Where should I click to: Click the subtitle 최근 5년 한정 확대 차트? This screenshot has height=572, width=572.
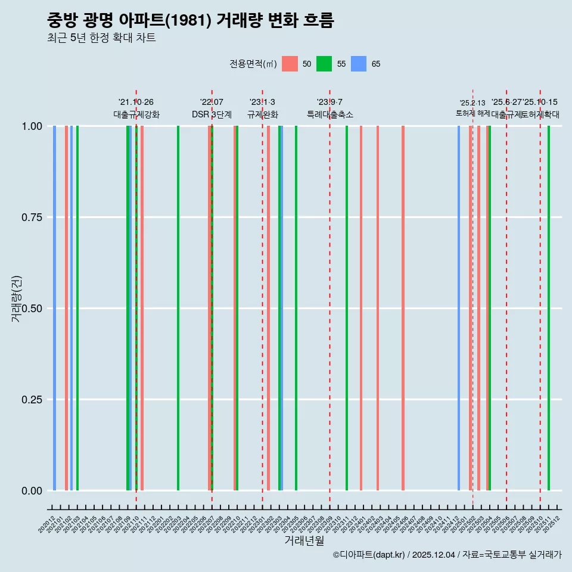coord(101,38)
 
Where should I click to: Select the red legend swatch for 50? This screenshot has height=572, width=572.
coord(290,64)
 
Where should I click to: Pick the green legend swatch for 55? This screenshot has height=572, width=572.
coord(324,64)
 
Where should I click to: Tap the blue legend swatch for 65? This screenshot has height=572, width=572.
coord(359,64)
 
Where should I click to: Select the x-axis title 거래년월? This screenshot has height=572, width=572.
coord(304,541)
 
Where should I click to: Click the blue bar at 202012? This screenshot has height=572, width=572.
coord(54,308)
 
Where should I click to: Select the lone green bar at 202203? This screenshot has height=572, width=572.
coord(178,308)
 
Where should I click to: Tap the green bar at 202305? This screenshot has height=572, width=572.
coord(296,308)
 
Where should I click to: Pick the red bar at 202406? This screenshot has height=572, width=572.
coord(403,308)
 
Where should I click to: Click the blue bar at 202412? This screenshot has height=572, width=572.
coord(459,308)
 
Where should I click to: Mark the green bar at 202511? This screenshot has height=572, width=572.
coord(549,308)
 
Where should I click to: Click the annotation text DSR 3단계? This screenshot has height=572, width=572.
coord(212,114)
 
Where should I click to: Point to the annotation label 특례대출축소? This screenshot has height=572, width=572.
coord(330,114)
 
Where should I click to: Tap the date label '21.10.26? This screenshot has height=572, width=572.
coord(136,102)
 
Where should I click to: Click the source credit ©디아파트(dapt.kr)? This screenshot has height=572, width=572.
coord(369,555)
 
